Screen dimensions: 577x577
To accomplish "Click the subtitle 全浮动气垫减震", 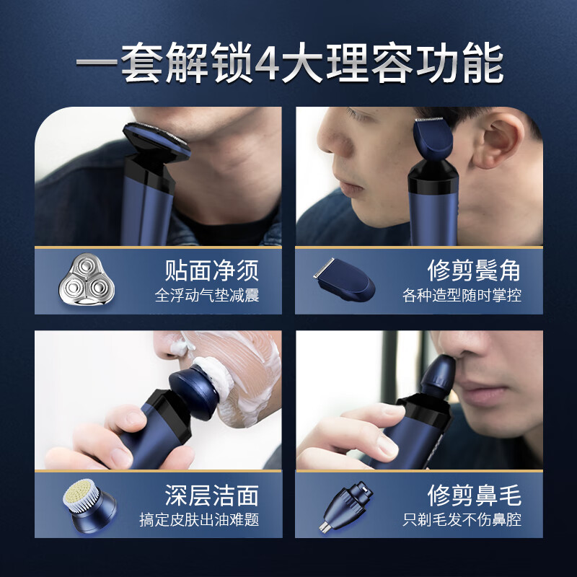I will click(207, 296).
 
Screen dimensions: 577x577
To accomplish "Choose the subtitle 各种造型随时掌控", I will click(462, 296).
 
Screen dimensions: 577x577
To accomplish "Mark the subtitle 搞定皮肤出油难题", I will click(200, 519).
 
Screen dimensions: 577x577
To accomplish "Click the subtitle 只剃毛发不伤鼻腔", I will click(462, 519).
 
